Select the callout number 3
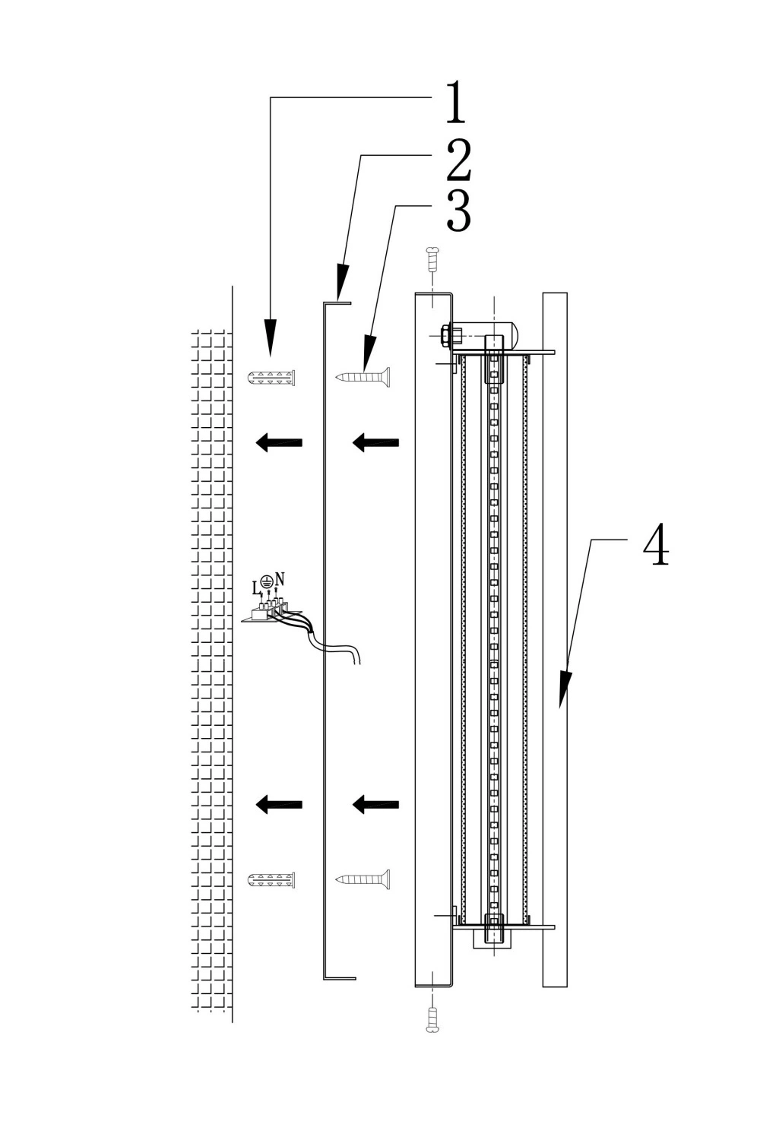tap(458, 211)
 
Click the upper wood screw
tap(363, 377)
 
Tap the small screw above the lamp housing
tap(432, 260)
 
